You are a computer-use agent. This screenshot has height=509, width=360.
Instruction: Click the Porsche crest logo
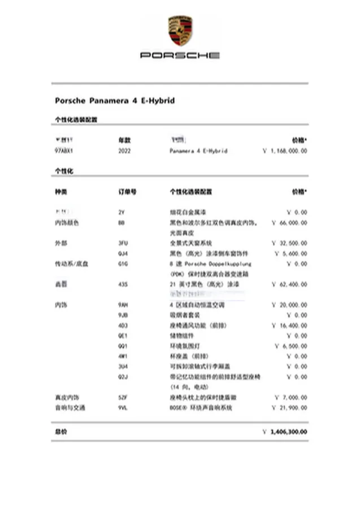[180, 31]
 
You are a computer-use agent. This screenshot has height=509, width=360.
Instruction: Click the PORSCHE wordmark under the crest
[180, 55]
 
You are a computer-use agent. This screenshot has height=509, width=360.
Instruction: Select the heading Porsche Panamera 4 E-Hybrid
[115, 101]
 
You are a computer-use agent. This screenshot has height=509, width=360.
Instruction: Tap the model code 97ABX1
[64, 152]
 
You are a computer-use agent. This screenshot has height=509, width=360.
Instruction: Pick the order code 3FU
[123, 243]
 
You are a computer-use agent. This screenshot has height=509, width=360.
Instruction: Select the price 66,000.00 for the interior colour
[289, 223]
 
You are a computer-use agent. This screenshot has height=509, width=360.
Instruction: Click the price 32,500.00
[289, 243]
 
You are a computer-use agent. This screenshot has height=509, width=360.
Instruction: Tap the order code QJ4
[123, 253]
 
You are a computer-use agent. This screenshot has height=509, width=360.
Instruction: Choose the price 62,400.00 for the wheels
[289, 284]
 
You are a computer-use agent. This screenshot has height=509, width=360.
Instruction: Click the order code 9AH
[123, 305]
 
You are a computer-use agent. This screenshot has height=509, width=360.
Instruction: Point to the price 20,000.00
[289, 305]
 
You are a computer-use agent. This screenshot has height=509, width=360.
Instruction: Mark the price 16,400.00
[289, 325]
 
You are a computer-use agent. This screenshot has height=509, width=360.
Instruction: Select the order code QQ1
[123, 346]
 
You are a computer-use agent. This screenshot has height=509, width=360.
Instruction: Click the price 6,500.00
[291, 346]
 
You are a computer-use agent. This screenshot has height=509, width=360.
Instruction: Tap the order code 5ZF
[123, 398]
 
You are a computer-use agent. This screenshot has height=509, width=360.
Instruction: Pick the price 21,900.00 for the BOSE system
[289, 408]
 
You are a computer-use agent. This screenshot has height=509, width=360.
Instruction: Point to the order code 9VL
[123, 408]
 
